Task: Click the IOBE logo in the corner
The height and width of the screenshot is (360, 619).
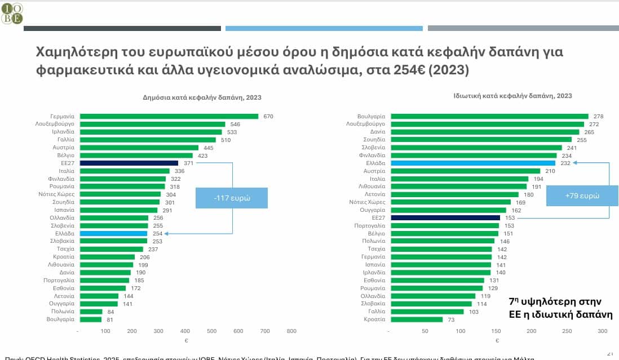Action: tap(12, 12)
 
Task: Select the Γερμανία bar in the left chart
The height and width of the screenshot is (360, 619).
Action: tap(169, 116)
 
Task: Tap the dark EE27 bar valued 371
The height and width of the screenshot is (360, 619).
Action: tap(129, 163)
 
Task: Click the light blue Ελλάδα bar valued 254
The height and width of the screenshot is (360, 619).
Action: tap(113, 233)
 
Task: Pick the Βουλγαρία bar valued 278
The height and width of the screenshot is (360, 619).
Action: tap(489, 116)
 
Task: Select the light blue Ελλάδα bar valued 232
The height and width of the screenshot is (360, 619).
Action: tap(473, 163)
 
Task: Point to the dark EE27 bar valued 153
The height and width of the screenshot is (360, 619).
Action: tap(445, 217)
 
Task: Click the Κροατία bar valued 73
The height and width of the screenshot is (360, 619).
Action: tap(417, 319)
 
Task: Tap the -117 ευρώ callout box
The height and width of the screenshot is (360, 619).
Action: tap(232, 198)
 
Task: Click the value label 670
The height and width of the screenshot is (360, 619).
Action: tap(268, 117)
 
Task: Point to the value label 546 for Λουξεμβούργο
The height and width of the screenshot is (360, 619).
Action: tap(235, 124)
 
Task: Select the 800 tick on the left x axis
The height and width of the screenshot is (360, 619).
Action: tap(291, 331)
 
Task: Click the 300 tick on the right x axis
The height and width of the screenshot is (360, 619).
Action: tap(602, 331)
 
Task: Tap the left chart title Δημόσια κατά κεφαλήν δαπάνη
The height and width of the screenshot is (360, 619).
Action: tap(202, 97)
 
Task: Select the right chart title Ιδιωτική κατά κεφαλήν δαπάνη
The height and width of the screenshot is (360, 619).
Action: tap(512, 96)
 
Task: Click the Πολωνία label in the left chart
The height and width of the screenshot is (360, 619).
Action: tap(63, 312)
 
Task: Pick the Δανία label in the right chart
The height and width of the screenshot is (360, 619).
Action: tap(377, 132)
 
